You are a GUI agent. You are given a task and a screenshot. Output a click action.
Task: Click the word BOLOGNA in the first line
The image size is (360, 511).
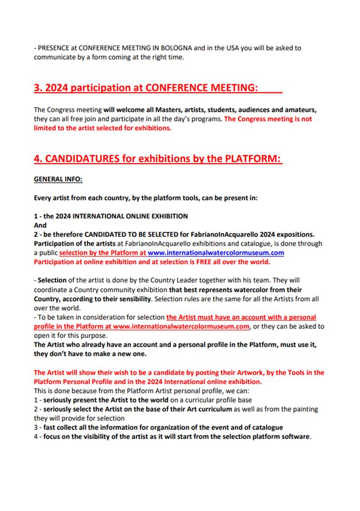tap(173, 48)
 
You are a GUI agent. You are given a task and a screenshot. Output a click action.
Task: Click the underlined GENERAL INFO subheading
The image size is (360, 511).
tap(58, 179)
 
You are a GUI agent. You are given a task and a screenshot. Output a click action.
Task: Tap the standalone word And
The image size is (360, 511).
tap(40, 224)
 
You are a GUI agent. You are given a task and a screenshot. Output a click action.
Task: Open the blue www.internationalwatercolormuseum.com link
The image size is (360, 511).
tap(216, 253)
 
